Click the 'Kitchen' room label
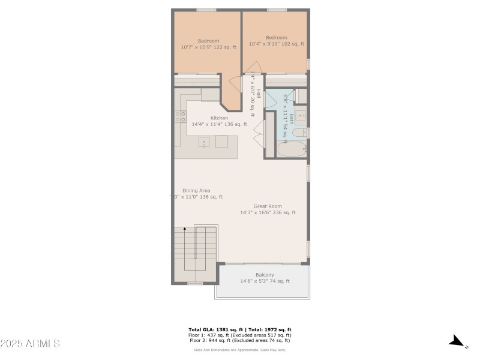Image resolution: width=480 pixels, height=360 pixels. (x=219, y=118)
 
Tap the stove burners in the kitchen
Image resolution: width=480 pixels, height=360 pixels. (x=180, y=116)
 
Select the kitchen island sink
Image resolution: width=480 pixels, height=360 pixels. (x=205, y=142)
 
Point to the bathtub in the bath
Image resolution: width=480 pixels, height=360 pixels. (x=292, y=149)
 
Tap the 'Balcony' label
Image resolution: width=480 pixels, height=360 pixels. (x=265, y=275)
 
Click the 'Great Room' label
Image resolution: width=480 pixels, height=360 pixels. (x=268, y=206)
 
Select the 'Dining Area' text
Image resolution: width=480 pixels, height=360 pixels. (x=196, y=191)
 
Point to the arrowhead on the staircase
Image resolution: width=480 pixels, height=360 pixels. (x=185, y=229)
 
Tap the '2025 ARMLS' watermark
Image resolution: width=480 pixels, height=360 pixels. (x=30, y=344)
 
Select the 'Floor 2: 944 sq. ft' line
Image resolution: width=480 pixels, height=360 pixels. (x=240, y=340)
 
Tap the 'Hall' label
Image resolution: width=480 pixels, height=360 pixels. (x=259, y=94)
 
